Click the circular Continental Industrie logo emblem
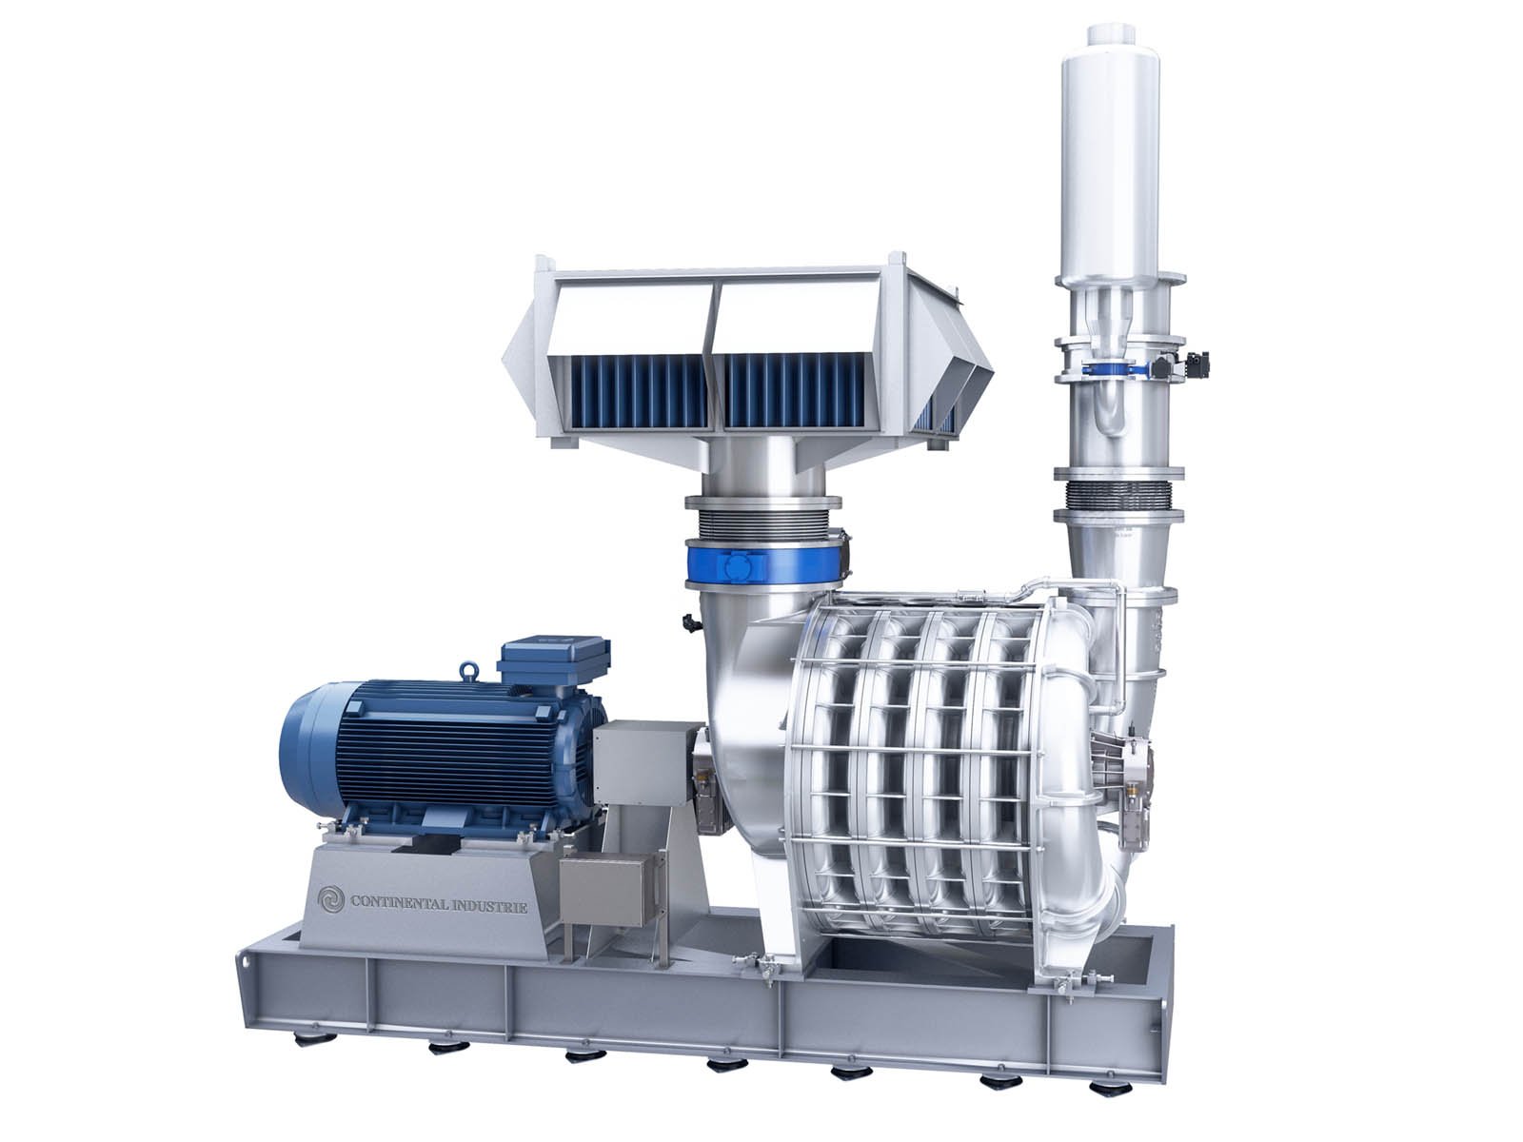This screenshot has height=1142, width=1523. tap(331, 900)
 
